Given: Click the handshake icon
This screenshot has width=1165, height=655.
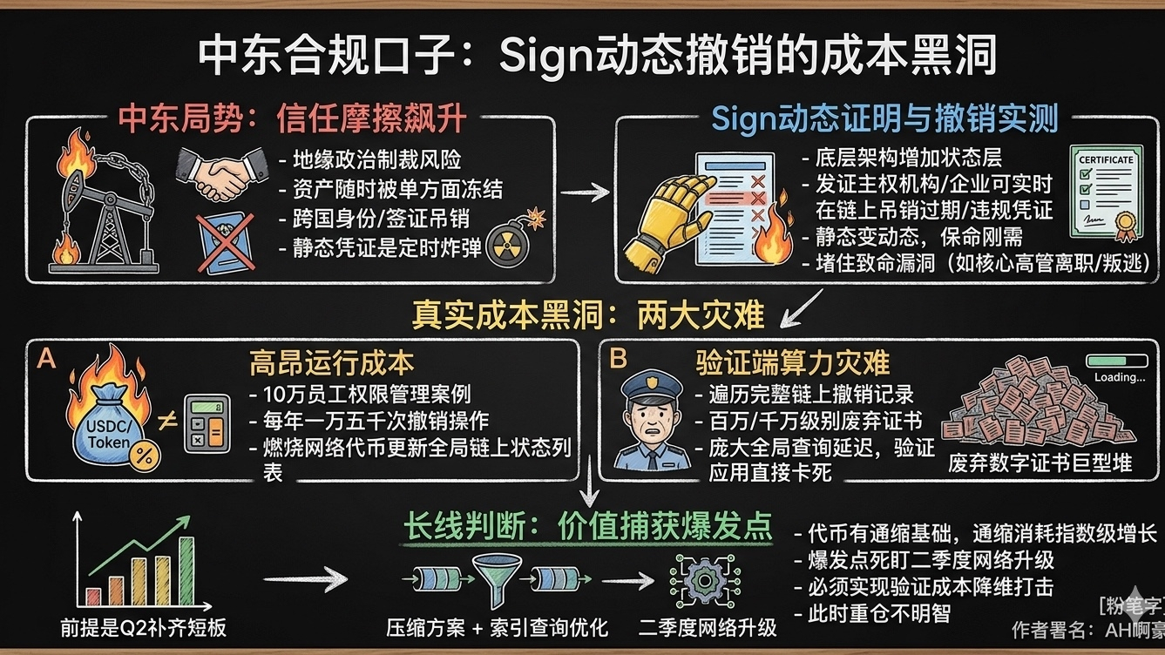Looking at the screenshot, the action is [222, 173].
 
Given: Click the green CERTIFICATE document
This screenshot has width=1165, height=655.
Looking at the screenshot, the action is [1106, 193].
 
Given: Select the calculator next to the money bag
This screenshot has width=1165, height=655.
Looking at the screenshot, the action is [207, 423].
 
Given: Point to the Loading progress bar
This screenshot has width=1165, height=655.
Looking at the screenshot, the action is [1119, 361].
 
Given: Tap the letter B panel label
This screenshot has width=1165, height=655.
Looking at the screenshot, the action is [619, 358].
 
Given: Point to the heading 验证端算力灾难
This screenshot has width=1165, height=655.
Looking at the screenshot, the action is [792, 362].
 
